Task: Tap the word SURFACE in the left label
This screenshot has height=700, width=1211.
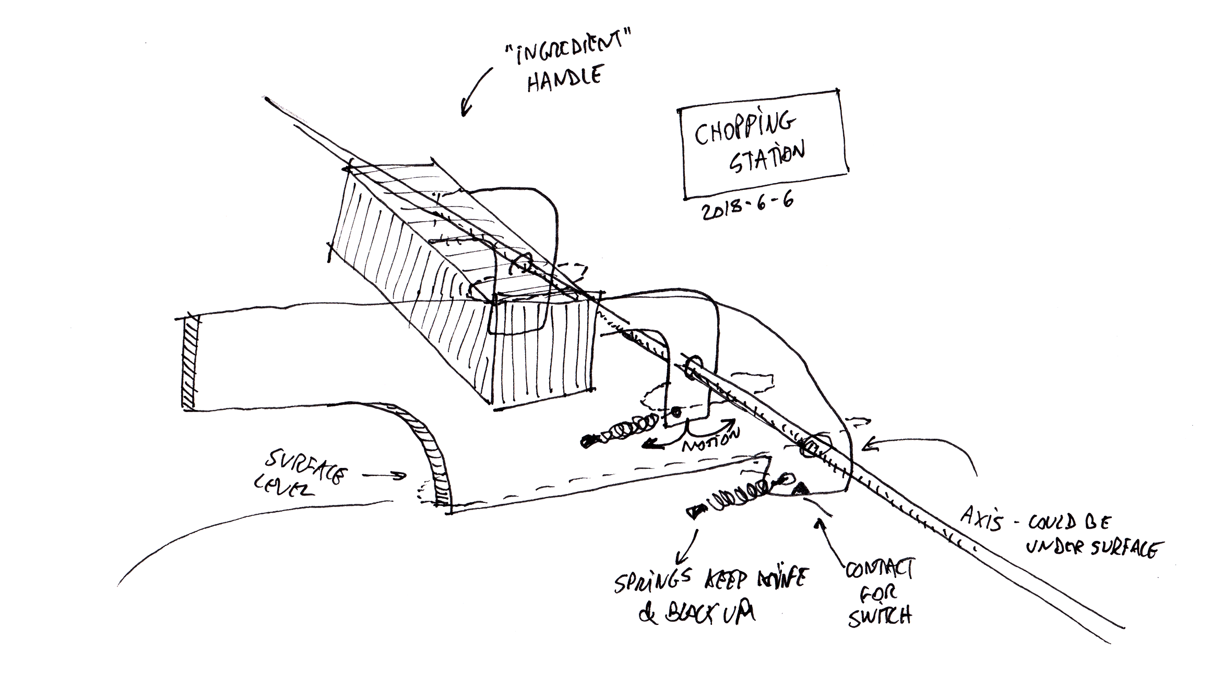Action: (306, 466)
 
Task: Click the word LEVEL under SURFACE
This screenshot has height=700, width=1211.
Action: (283, 489)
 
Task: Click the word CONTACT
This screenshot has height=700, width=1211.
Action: (879, 571)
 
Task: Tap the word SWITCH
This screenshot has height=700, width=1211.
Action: (879, 617)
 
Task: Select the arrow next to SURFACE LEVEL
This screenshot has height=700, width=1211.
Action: (384, 475)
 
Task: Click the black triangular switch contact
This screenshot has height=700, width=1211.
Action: (799, 489)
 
